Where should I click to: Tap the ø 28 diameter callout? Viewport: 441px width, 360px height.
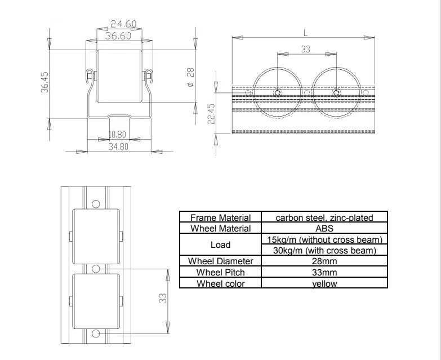190,77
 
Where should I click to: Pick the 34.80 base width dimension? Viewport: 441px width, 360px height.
120,146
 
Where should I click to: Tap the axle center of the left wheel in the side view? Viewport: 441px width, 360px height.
277,93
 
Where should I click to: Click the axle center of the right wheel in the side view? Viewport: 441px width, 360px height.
336,93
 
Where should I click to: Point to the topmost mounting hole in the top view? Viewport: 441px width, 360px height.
96,202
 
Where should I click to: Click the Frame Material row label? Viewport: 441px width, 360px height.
220,217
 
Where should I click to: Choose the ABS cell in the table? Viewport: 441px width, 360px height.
324,228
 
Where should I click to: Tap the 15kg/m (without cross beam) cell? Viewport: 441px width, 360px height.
324,240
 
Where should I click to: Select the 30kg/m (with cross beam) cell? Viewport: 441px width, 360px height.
324,250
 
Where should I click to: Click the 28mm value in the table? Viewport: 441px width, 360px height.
324,261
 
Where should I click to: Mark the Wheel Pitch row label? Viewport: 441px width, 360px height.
220,272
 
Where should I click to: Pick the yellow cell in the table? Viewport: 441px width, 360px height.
324,283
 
